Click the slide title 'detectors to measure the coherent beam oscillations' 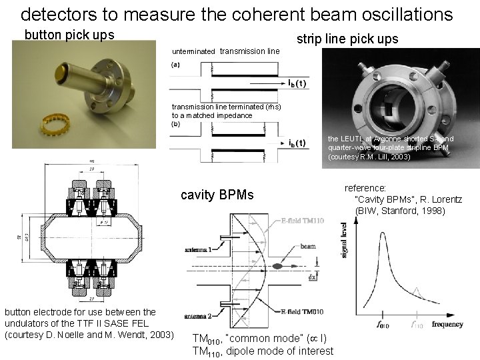[237, 14]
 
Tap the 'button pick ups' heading [69, 35]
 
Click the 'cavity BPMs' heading [217, 195]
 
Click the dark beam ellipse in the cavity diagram [275, 267]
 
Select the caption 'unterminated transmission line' [225, 51]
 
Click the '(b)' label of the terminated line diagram [175, 124]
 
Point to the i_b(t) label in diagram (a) [297, 83]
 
